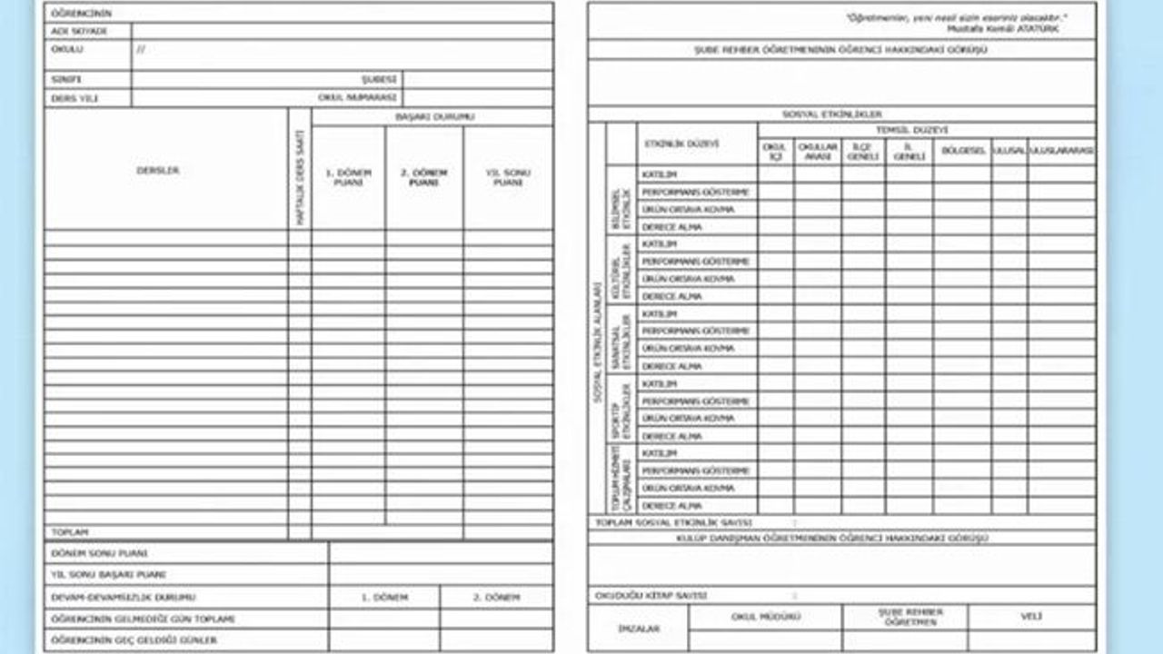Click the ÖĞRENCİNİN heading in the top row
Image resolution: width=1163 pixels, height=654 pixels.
(x=81, y=14)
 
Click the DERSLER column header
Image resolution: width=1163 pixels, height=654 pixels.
(x=158, y=171)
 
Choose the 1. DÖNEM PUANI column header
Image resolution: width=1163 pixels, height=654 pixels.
(x=348, y=177)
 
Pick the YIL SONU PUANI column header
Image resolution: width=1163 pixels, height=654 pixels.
(x=508, y=177)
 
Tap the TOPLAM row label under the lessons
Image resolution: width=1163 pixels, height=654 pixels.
(x=70, y=531)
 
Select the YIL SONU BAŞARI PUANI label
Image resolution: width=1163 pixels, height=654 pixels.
(x=108, y=575)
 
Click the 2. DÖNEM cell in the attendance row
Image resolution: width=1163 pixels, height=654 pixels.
(x=496, y=598)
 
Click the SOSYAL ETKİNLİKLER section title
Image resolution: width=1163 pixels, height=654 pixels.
(x=832, y=114)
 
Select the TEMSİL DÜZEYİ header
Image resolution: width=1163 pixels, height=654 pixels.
(x=926, y=131)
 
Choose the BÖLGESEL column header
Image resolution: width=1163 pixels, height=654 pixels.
(x=962, y=151)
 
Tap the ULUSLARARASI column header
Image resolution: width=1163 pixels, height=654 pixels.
(x=1061, y=151)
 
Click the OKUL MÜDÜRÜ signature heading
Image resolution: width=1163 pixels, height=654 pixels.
(x=765, y=616)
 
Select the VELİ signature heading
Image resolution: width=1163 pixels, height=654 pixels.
(x=1031, y=616)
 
